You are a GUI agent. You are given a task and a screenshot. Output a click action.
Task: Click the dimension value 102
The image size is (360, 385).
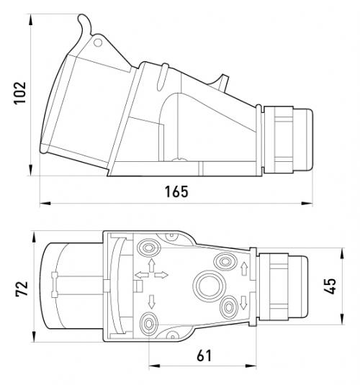pos(19,93)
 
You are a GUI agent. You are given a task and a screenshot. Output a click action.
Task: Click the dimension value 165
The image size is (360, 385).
pos(176,191)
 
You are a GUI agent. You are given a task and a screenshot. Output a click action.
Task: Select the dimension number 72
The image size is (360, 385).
pos(22,289)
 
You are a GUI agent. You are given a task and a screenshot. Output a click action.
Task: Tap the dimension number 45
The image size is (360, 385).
pos(330,286)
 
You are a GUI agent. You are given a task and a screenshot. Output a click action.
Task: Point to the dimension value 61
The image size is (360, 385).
pos(204,355)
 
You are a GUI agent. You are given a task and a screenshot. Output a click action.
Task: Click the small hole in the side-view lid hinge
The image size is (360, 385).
pos(98,42)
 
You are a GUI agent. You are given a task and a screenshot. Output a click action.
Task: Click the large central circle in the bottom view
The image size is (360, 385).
pos(209,286)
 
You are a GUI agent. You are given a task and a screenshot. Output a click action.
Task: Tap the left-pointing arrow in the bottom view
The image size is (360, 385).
pos(142,275)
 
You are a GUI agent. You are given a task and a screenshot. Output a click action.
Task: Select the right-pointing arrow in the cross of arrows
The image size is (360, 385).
pos(161,275)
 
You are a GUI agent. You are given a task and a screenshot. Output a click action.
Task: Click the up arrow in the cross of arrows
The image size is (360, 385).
pos(152,266)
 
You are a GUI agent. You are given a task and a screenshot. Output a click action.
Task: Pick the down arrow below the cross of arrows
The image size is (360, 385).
pos(152,302)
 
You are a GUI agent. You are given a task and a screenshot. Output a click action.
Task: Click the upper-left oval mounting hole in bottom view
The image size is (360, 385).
pos(148,248)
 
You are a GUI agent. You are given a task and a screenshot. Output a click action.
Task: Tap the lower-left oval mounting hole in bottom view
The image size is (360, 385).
pos(148,324)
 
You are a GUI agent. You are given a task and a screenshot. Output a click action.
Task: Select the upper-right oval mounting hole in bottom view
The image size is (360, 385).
pos(225,261)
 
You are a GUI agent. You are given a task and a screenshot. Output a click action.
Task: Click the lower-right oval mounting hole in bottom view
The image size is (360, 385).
pos(229,307)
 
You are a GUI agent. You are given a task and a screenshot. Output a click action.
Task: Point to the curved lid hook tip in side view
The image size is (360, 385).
pos(82,17)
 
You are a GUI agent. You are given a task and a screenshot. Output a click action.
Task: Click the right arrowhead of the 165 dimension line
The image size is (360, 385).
pos(307,204)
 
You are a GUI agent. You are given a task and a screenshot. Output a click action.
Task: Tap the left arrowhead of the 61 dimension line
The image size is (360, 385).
pos(154,366)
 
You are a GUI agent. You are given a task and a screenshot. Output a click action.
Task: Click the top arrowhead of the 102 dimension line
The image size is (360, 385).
pos(31,19)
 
